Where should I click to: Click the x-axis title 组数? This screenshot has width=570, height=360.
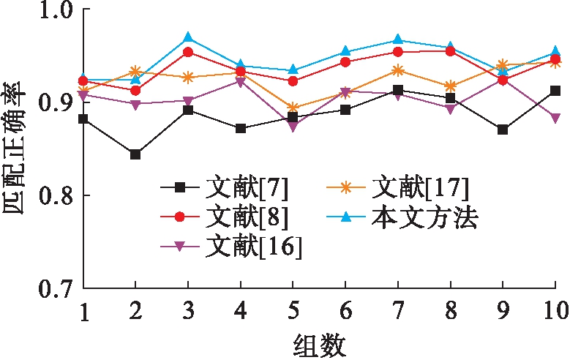coord(320,342)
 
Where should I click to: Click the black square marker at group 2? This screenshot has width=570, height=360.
coord(135,154)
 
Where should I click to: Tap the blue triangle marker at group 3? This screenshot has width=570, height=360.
coord(188,37)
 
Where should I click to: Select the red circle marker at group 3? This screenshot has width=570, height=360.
coord(188,52)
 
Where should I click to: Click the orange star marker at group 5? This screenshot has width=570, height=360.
coord(293,108)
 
